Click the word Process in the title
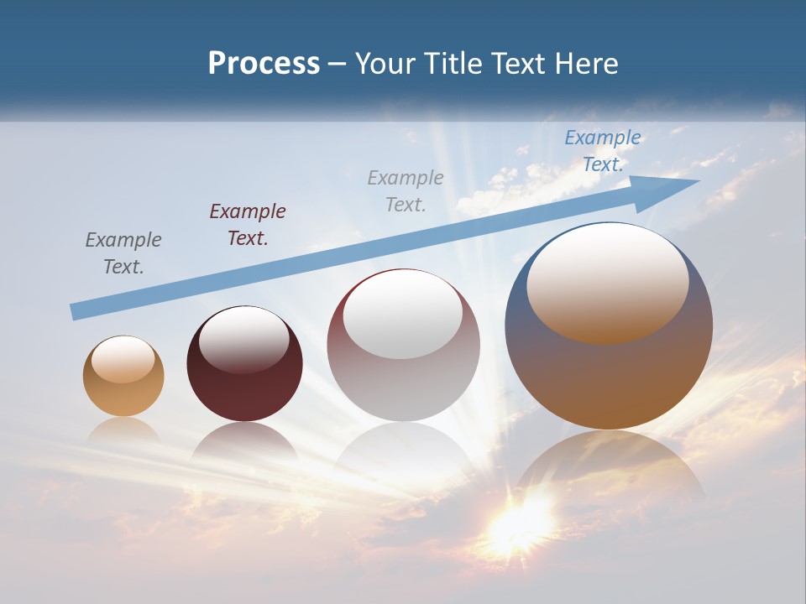click(264, 64)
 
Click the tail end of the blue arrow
click(77, 311)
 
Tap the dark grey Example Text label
click(123, 253)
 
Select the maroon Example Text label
click(248, 225)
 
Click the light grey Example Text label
click(406, 190)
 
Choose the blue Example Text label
click(603, 150)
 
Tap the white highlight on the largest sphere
click(607, 281)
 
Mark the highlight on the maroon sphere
click(243, 339)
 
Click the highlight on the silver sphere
click(402, 315)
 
